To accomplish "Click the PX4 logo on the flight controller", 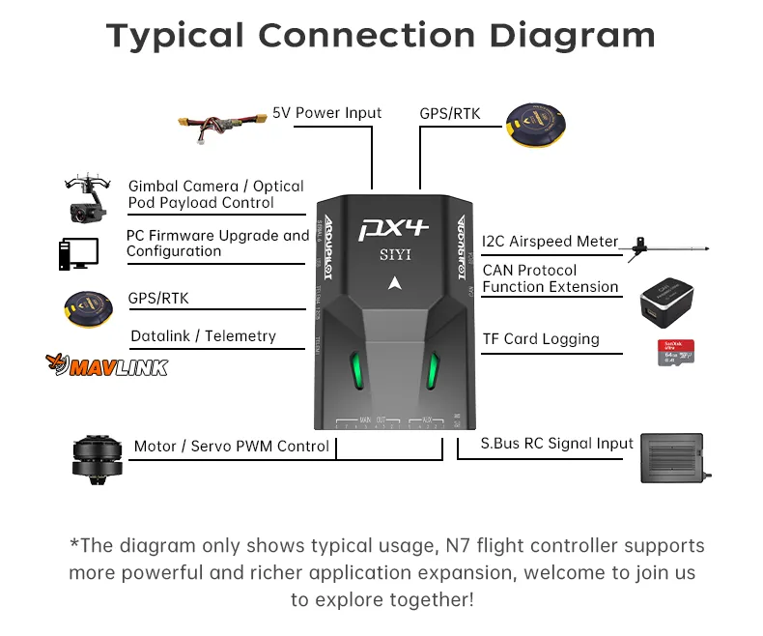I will coord(393,230).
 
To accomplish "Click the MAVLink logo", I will coord(106,365).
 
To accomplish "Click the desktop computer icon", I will coord(77,253).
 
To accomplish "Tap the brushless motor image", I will coord(98,456).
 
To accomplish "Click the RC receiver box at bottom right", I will coord(676,456).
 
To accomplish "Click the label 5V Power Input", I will coord(326,113).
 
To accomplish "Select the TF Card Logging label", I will coord(541,339).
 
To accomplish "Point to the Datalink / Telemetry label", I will coord(203,336).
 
